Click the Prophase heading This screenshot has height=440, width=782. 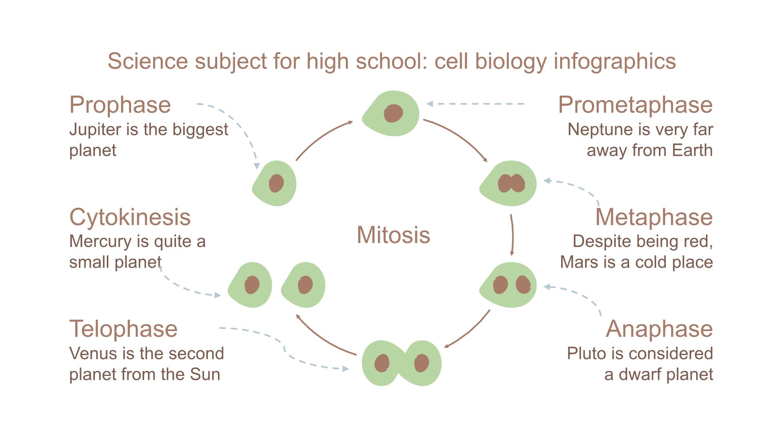(120, 105)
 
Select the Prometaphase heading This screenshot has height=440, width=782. (635, 105)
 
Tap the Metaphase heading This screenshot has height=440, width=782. (654, 217)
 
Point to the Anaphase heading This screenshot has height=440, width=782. (659, 329)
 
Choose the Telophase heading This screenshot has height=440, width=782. (123, 329)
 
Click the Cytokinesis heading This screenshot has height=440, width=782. (130, 217)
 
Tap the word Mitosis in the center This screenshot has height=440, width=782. (394, 235)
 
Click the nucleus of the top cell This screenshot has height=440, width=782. (393, 113)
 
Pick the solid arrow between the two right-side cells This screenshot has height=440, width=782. (512, 235)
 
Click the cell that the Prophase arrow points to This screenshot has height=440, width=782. (275, 183)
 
